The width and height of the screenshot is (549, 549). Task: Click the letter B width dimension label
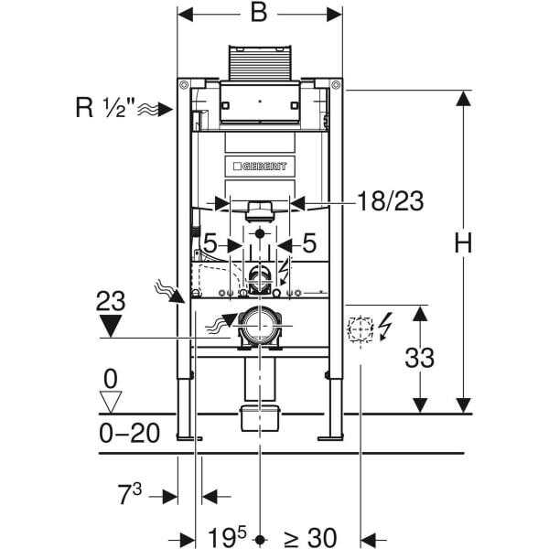[x=259, y=14]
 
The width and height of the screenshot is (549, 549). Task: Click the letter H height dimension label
[x=463, y=242]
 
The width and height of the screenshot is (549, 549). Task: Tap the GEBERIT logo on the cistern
[x=260, y=166]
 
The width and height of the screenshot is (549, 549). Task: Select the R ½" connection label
[x=105, y=107]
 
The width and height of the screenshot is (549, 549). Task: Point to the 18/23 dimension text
[x=390, y=201]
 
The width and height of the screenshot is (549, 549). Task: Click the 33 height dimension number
[x=419, y=358]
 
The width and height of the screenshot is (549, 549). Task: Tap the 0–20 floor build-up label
[x=130, y=433]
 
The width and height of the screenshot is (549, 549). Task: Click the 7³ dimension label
[x=130, y=493]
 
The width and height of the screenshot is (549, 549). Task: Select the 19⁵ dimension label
[x=227, y=536]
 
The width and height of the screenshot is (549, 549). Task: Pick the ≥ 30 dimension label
[x=310, y=537]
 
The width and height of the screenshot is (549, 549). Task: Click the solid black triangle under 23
[x=111, y=326]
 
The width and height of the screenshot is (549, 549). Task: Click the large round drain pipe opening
[x=260, y=327]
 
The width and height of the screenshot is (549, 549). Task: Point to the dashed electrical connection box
[x=361, y=329]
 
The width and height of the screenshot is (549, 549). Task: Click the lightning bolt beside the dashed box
[x=384, y=327]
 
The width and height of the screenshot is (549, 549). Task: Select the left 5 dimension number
[x=210, y=243]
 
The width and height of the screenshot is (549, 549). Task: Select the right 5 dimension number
[x=309, y=243]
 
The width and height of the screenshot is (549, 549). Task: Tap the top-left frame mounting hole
[x=184, y=85]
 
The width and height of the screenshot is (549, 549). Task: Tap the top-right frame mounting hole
[x=336, y=85]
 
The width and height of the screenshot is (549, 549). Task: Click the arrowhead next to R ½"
[x=165, y=109]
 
